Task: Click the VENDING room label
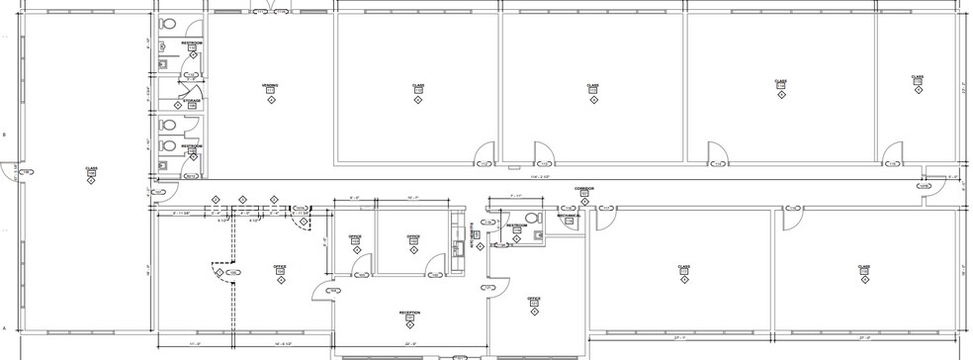pyautogui.click(x=270, y=86)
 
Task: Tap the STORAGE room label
pyautogui.click(x=191, y=101)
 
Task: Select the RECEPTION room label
pyautogui.click(x=409, y=313)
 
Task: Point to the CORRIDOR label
pyautogui.click(x=583, y=188)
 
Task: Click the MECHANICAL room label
pyautogui.click(x=569, y=215)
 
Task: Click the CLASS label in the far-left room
pyautogui.click(x=91, y=169)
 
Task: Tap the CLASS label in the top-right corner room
pyautogui.click(x=918, y=77)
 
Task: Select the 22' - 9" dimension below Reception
pyautogui.click(x=408, y=343)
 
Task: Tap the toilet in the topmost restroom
pyautogui.click(x=167, y=24)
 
